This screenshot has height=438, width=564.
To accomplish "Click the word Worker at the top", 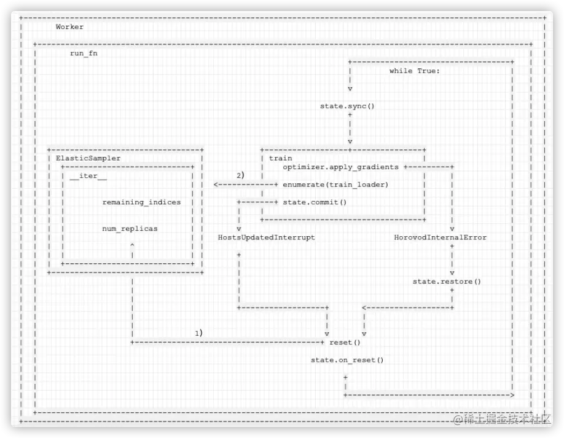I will point(69,27).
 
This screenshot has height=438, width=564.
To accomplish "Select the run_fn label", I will point(84,54).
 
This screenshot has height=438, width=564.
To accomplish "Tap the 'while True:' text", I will point(415,71).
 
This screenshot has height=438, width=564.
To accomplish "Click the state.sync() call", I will point(347,106).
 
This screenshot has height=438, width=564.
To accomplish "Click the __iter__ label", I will point(88,176).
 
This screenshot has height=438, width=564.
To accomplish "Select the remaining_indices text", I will point(141,202).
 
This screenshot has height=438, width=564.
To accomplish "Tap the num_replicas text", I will point(130,228).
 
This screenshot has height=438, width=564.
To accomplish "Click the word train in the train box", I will point(280,158).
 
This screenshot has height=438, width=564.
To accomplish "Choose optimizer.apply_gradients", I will point(340,167).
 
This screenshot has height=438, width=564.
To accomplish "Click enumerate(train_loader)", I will point(335,185).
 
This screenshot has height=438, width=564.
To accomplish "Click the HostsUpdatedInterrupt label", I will point(267,237).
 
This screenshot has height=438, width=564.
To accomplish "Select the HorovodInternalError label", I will point(440,237).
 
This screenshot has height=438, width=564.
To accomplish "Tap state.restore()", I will point(447,281).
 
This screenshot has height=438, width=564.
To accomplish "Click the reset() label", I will point(345,342).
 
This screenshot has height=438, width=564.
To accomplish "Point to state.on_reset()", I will point(347,360).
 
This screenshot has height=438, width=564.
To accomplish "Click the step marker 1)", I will point(198,333).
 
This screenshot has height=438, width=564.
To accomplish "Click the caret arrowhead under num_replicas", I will point(132,245).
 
